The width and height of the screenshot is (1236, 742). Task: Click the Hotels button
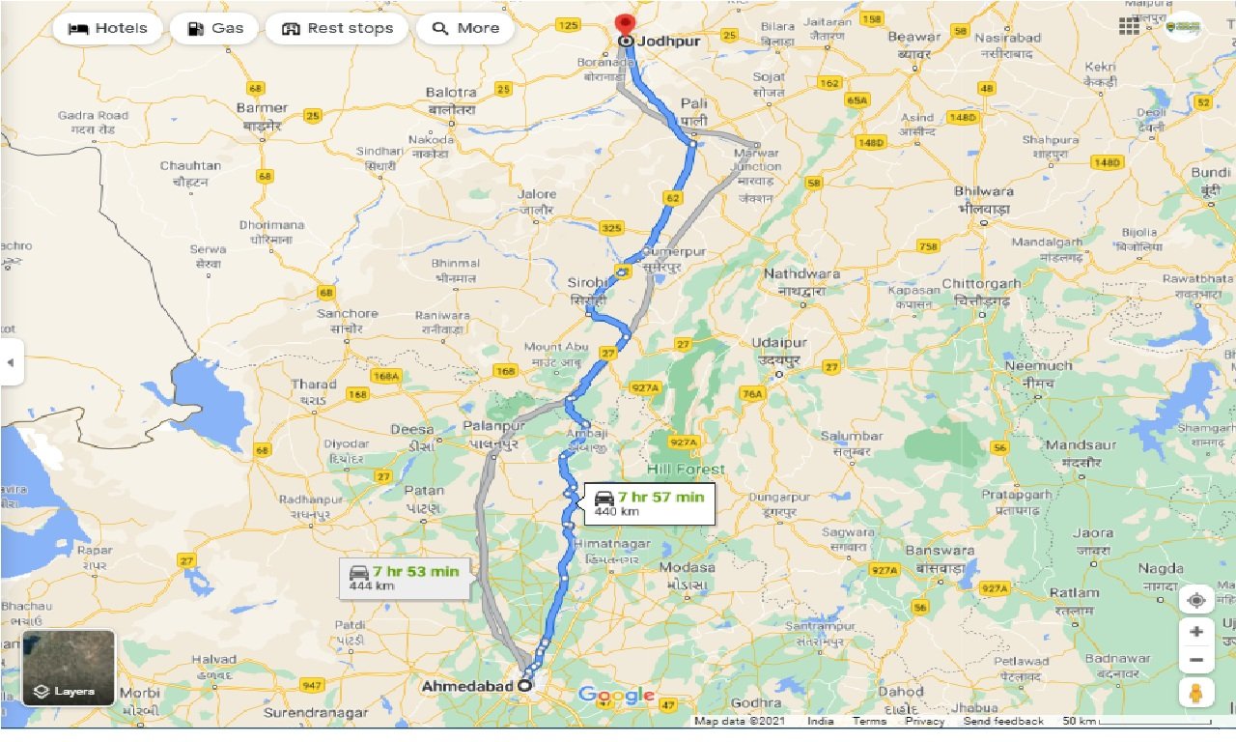coord(106,28)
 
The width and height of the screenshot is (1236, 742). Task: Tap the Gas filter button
coord(213,28)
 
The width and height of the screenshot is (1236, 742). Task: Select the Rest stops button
coord(337,28)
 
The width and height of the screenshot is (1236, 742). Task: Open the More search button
coord(464,28)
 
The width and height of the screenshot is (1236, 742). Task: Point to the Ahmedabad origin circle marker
coord(524,685)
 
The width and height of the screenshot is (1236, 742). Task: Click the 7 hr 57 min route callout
coord(650,502)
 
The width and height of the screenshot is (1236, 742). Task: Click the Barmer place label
coord(262,108)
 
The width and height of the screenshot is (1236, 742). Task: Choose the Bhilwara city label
coord(983,192)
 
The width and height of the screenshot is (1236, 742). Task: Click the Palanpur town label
coord(493,426)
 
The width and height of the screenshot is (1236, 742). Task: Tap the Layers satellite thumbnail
coord(69,668)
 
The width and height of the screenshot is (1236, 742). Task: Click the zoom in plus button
coord(1196,631)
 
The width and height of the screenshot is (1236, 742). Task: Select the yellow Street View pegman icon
coord(1196,692)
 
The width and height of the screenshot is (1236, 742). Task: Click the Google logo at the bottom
coord(616,696)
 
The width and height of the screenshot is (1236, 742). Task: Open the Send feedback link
coord(1003,722)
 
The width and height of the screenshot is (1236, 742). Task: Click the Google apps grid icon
coord(1129,26)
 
